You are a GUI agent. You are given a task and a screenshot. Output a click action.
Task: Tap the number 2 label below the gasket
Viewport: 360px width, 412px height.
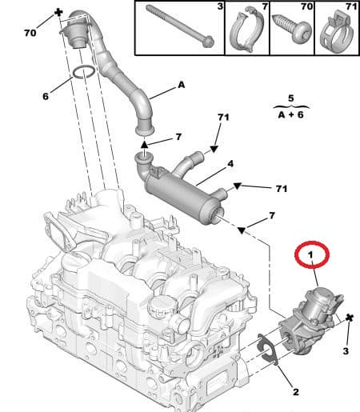click(x=294, y=392)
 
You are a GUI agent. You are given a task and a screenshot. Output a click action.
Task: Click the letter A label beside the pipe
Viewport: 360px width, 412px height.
click(x=181, y=84)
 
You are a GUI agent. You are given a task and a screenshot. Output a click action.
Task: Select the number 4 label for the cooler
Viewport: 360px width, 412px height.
click(x=230, y=165)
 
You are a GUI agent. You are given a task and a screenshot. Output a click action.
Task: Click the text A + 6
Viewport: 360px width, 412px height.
click(x=290, y=114)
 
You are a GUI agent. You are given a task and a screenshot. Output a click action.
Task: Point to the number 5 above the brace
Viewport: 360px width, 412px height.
click(x=291, y=98)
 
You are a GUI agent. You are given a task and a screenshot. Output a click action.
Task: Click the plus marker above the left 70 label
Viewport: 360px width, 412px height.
click(x=58, y=14)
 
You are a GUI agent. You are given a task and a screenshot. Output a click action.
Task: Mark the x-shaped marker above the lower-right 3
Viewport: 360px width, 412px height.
click(x=350, y=318)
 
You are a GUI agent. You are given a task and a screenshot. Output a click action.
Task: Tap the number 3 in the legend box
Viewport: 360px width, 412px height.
click(x=220, y=7)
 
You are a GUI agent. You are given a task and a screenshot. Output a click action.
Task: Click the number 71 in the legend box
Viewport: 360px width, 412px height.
click(x=350, y=7)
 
